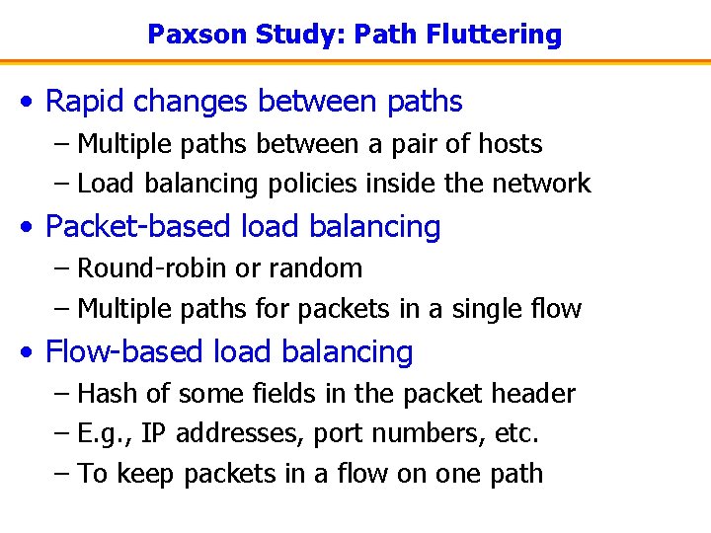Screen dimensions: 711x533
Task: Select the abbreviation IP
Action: (x=153, y=433)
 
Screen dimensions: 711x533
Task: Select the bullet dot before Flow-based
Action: (x=32, y=353)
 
